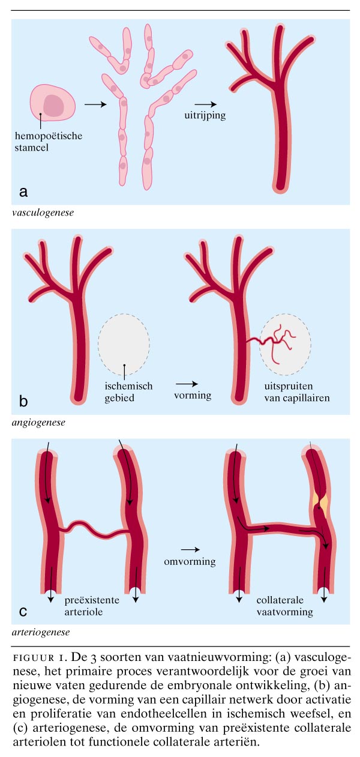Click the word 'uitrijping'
205,116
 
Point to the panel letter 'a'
24,192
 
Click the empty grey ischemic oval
124,343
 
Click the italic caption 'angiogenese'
38,422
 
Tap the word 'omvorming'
190,562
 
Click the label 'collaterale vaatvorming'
284,605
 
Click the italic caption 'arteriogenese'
40,632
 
